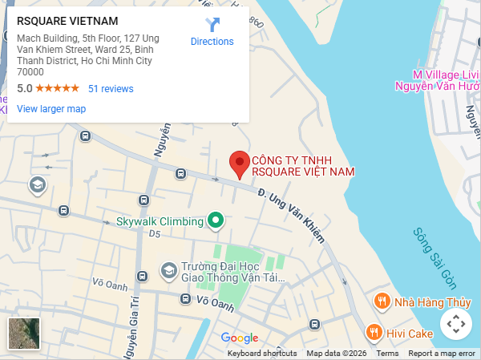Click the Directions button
212,32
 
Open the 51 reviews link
111,89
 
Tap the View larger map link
51,109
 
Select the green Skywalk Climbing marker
215,220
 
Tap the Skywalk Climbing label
160,221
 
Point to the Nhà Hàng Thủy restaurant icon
382,301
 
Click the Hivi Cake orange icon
373,331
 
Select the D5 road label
155,234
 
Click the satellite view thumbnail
24,334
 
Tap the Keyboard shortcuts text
262,354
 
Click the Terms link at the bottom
387,354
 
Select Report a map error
442,354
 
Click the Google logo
240,338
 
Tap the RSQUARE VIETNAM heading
67,21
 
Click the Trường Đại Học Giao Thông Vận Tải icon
168,271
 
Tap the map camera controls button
455,325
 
